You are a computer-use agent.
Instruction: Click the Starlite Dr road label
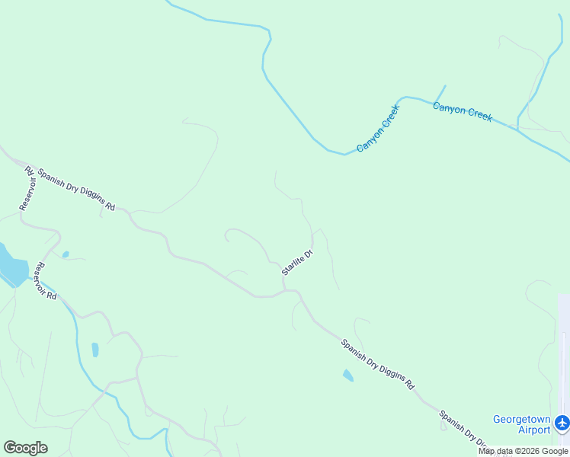[297, 263]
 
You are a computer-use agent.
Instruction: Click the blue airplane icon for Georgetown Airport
[562, 421]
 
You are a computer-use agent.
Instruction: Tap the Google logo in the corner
[25, 448]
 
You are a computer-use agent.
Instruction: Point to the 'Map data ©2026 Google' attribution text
[523, 451]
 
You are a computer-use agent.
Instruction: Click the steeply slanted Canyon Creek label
[378, 126]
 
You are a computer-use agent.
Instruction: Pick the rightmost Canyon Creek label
[463, 111]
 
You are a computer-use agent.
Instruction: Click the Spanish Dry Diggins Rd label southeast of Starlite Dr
[376, 364]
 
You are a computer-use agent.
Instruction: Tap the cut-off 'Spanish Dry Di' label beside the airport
[463, 428]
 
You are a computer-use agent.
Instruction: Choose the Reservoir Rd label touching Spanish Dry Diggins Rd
[27, 187]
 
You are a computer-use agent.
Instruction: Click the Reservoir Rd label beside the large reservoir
[46, 280]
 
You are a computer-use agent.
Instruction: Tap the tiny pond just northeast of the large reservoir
[66, 254]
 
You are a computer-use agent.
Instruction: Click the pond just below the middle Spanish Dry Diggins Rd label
[348, 376]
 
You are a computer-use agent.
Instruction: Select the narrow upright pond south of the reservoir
[95, 350]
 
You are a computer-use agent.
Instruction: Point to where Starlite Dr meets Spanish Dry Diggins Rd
[285, 290]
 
